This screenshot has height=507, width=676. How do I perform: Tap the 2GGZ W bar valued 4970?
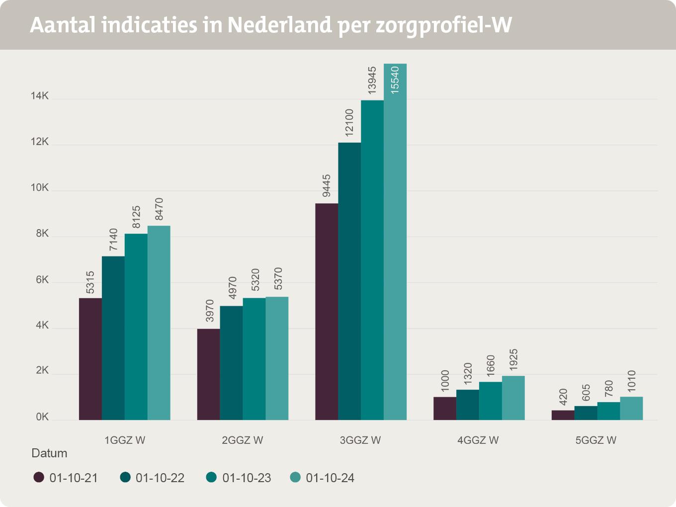coord(231,363)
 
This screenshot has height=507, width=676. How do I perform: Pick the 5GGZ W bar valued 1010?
coord(631,408)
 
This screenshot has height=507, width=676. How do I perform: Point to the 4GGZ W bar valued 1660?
coord(491,401)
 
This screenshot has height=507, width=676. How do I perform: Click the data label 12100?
coord(349,123)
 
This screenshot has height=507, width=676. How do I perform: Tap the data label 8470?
coord(159,209)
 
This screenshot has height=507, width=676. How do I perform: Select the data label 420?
coord(563,396)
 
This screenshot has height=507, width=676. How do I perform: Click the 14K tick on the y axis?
coord(40,96)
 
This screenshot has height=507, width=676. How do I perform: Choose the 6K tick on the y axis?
coord(42,280)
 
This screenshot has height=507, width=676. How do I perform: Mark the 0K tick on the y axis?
coord(42,418)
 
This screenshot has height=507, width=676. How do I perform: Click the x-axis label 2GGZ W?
coord(243,440)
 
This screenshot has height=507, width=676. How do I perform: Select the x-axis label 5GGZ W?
coord(596,440)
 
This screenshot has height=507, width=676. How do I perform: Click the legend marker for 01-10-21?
coord(39,478)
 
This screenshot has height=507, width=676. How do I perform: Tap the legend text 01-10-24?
coord(330,478)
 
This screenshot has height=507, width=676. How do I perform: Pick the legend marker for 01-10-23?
coord(211,478)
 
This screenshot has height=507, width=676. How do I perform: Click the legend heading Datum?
coord(49,453)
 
